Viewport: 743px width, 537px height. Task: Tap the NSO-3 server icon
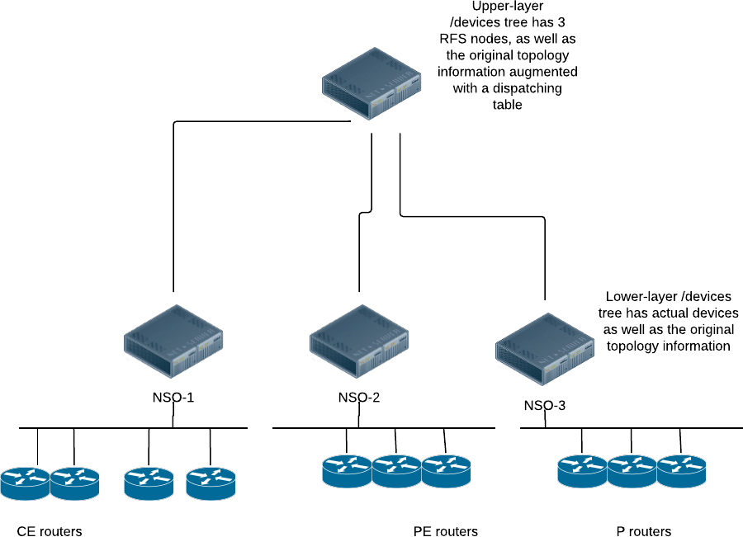pyautogui.click(x=546, y=350)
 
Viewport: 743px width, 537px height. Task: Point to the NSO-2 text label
pyautogui.click(x=359, y=398)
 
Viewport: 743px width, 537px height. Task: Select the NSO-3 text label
pyautogui.click(x=545, y=406)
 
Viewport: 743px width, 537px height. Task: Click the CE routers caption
pyautogui.click(x=50, y=530)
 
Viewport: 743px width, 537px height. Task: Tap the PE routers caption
pyautogui.click(x=446, y=530)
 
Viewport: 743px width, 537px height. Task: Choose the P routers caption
pyautogui.click(x=644, y=530)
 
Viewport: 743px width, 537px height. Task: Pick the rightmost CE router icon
pyautogui.click(x=211, y=483)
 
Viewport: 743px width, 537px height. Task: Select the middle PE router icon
pyautogui.click(x=396, y=471)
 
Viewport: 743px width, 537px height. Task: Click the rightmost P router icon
pyautogui.click(x=681, y=471)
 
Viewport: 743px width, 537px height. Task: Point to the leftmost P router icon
pyautogui.click(x=582, y=471)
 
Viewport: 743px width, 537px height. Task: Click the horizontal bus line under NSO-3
pyautogui.click(x=644, y=428)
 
